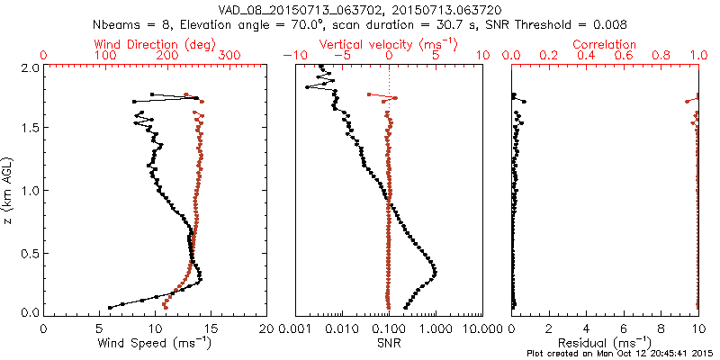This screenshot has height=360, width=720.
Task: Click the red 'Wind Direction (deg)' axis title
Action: [157, 44]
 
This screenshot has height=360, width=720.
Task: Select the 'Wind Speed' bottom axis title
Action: [156, 343]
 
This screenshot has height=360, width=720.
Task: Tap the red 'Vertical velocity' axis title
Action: [388, 44]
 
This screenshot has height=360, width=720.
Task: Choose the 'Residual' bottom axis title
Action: [606, 343]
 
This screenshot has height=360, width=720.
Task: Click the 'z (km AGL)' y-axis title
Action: [9, 190]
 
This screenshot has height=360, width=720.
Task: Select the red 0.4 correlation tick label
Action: [587, 56]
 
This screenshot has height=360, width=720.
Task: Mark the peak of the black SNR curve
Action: [435, 272]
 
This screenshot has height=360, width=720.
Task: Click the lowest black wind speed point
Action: [110, 307]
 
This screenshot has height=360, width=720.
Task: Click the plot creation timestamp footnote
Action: [621, 353]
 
